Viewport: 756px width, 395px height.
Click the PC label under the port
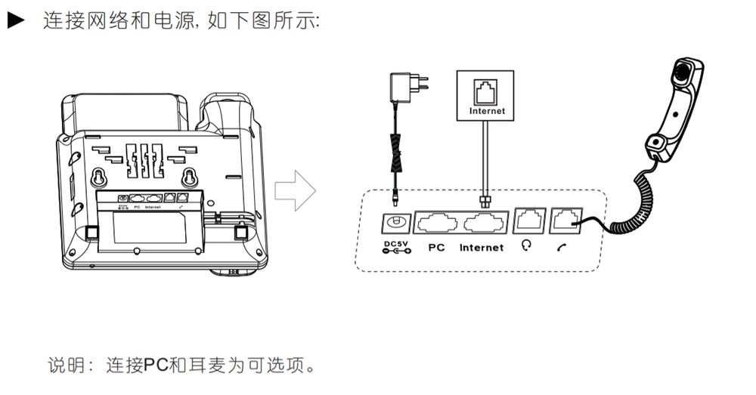point(436,248)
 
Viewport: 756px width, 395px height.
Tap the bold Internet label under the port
point(482,248)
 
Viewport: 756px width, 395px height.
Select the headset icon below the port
point(527,247)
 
